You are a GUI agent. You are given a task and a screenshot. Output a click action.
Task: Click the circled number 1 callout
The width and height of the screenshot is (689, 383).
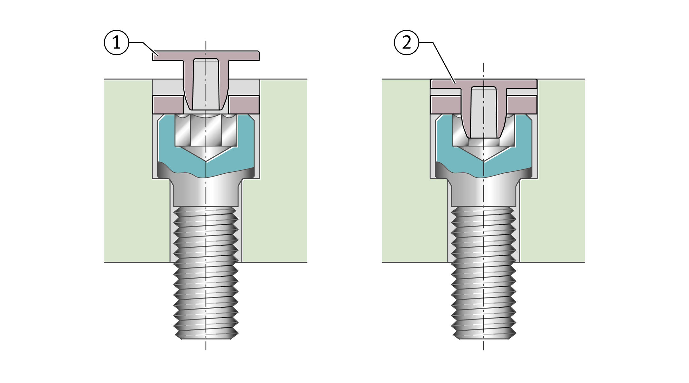(116, 42)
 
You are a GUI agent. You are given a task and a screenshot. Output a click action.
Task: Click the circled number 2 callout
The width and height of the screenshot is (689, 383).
(406, 42)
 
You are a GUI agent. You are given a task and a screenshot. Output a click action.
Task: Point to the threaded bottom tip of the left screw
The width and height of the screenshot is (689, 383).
(206, 334)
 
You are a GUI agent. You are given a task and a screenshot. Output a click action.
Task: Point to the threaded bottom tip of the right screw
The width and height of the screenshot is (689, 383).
(484, 334)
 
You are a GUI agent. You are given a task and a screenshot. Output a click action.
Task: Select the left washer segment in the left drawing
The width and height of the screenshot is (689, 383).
(168, 105)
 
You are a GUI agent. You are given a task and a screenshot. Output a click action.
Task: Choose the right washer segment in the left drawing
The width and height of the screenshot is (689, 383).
(244, 105)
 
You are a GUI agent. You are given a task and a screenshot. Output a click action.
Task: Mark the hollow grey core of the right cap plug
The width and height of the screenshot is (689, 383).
(484, 112)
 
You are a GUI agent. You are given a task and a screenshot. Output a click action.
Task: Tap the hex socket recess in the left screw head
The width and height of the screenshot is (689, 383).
(206, 131)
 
